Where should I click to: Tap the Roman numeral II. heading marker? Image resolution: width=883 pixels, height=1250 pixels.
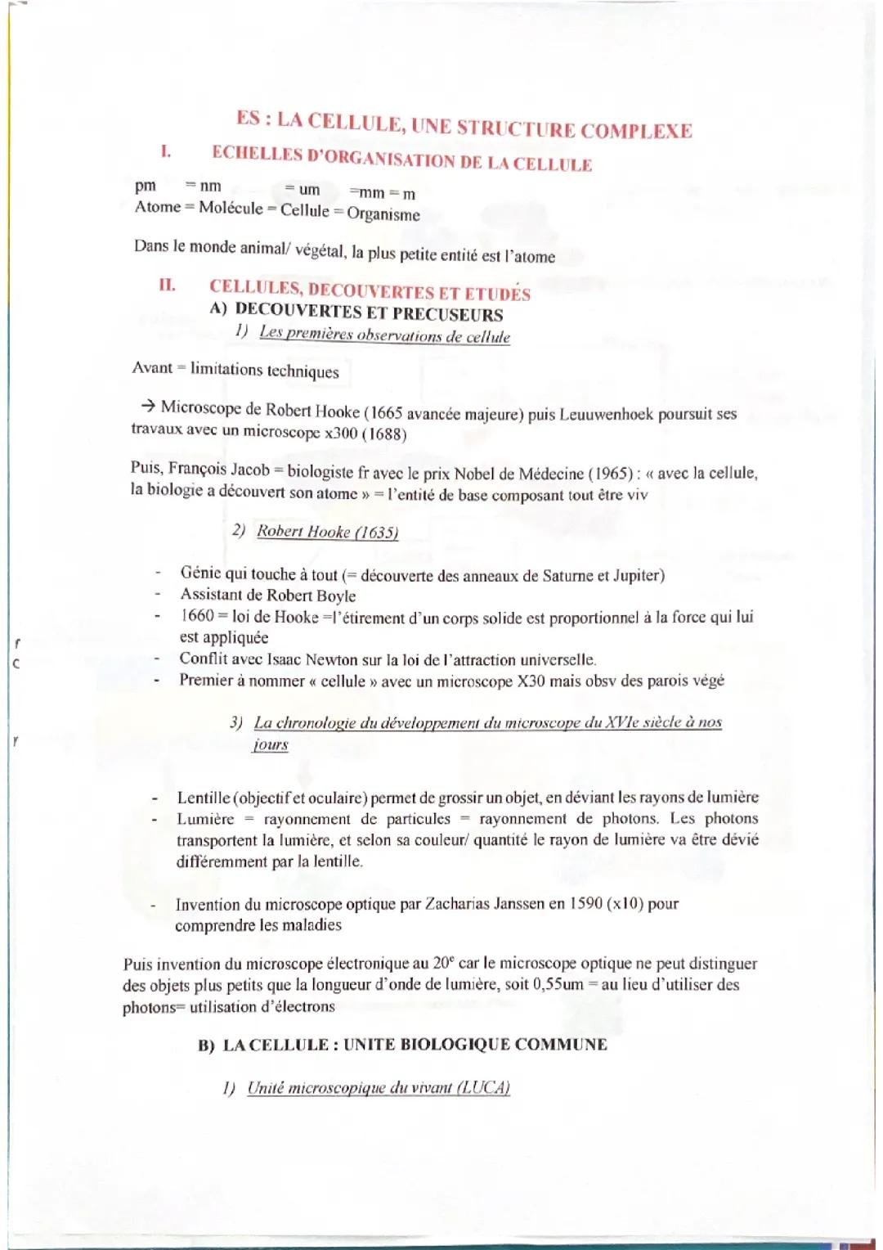[x=167, y=286]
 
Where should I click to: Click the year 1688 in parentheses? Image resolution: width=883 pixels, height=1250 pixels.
[x=384, y=434]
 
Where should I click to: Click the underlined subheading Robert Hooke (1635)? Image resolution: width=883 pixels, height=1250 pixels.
[x=327, y=532]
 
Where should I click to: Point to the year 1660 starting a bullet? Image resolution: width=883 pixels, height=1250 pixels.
[x=197, y=616]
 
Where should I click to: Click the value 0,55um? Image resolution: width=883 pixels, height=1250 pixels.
[x=558, y=984]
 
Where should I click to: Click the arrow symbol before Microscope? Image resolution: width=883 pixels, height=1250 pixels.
[x=147, y=406]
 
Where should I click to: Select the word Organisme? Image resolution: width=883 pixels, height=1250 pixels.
[x=383, y=214]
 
